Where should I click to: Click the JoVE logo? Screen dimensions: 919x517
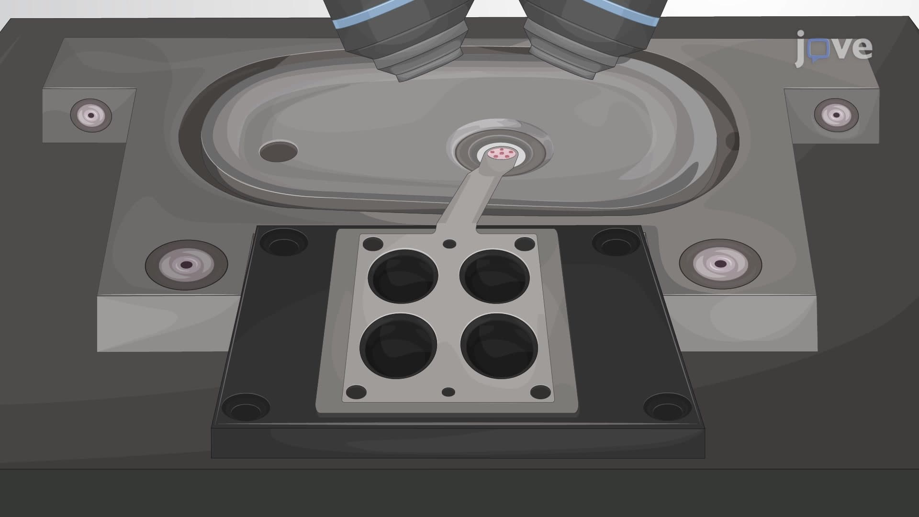[834, 48]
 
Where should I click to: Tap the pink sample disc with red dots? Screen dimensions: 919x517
[501, 154]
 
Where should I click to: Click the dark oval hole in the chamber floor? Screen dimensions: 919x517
[278, 151]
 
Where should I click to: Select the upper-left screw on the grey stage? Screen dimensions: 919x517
[91, 115]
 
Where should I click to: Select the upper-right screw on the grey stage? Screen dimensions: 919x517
[836, 115]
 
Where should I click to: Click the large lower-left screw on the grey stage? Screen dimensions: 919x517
[186, 264]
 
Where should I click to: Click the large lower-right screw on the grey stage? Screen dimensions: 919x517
[720, 263]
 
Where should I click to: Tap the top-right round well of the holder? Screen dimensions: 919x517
[494, 276]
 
